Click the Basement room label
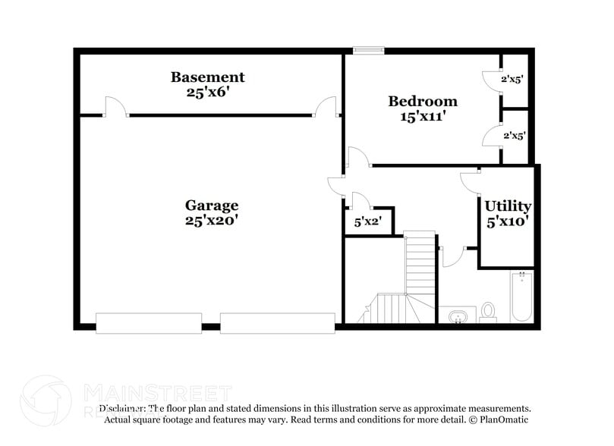[x=207, y=77]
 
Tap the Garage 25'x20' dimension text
[x=212, y=221]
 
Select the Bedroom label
[x=423, y=101]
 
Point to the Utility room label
[x=508, y=206]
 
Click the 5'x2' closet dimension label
[x=368, y=223]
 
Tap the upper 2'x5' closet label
[x=513, y=77]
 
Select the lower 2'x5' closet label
[x=513, y=136]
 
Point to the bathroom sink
[x=457, y=316]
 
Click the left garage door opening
[x=149, y=322]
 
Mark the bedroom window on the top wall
[x=368, y=51]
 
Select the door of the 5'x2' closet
[x=358, y=200]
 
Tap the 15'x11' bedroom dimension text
[x=423, y=117]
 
